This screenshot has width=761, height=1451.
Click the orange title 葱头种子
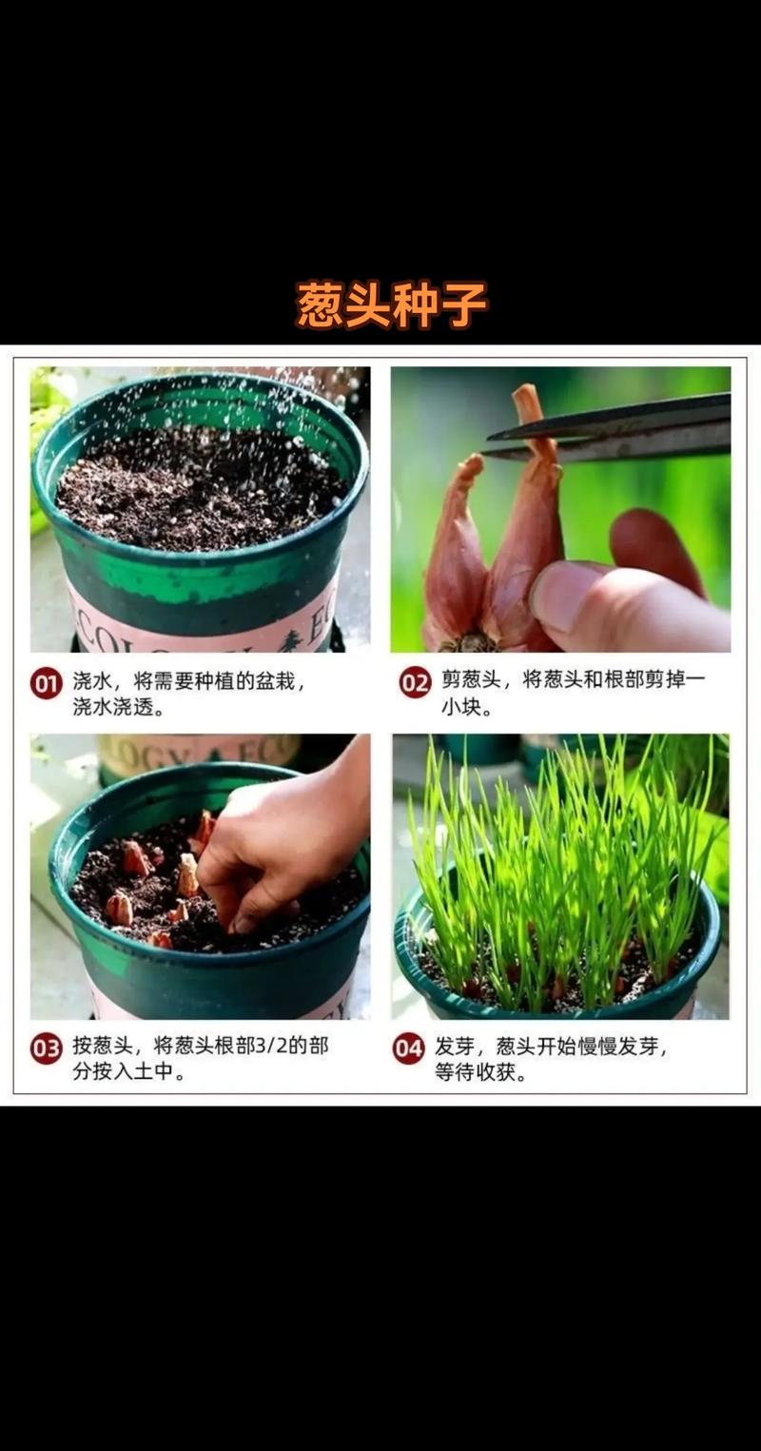[391, 304]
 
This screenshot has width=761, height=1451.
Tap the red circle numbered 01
[46, 682]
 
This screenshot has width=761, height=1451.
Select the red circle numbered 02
[415, 682]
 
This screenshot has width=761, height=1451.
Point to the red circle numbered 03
[46, 1049]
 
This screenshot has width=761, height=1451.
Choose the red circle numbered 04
[408, 1049]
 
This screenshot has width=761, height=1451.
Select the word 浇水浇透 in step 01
[112, 708]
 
